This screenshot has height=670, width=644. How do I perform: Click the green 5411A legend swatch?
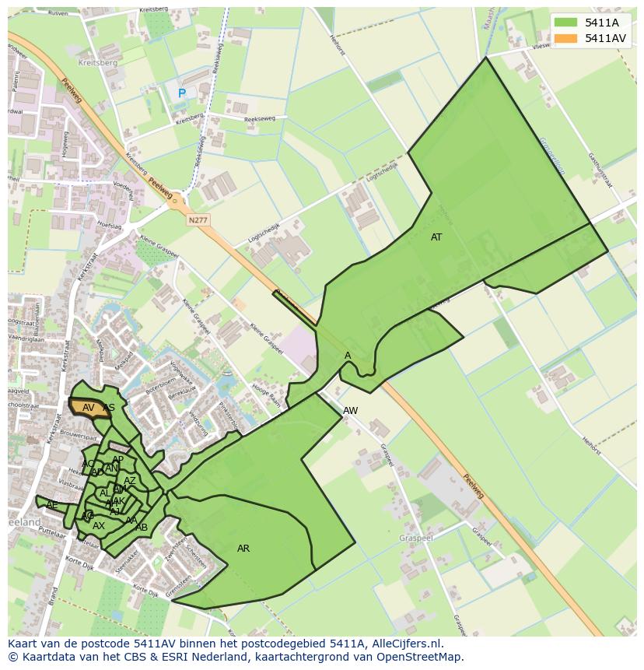(566, 23)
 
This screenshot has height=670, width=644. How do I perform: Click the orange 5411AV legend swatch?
(566, 38)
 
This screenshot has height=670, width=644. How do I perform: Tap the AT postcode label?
(436, 237)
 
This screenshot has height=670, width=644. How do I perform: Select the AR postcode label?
(243, 549)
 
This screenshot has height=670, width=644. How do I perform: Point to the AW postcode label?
(351, 411)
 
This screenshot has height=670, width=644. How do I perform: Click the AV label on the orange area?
(89, 408)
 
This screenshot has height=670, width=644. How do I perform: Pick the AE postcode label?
(52, 505)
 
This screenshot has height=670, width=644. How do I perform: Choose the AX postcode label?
(99, 526)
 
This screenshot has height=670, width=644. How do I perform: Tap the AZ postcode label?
(130, 481)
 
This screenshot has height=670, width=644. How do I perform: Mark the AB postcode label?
(142, 528)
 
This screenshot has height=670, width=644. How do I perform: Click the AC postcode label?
(88, 464)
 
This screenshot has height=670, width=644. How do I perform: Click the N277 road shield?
(198, 220)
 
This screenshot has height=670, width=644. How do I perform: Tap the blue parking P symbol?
(182, 93)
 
